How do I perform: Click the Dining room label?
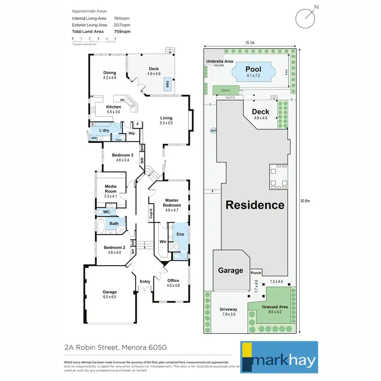[110, 73]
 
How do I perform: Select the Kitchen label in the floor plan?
[113, 107]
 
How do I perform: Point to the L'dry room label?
[105, 131]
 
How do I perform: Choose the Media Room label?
[110, 189]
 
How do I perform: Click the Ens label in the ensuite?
[180, 234]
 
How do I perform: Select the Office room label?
[173, 280]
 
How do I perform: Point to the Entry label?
[145, 281]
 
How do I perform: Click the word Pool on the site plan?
[253, 69]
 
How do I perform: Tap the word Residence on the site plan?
[255, 205]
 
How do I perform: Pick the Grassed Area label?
[275, 307]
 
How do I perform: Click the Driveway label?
[228, 309]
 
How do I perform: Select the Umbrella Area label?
[219, 61]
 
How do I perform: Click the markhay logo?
[279, 357]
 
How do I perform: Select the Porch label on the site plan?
[256, 273]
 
